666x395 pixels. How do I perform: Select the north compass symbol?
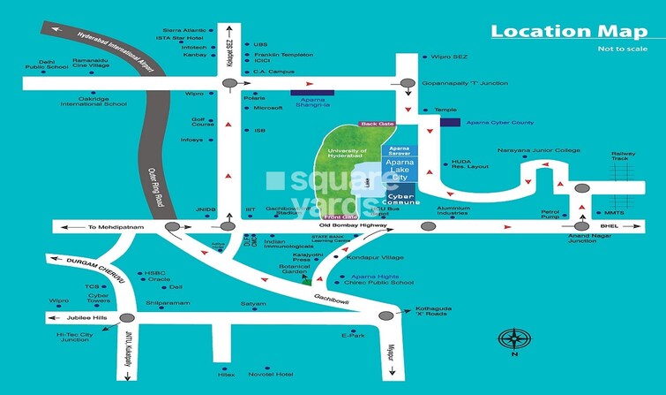513,341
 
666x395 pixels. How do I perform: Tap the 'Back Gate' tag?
375,125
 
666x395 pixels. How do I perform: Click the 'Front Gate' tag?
341,216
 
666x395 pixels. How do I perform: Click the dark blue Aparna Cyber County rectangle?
450,121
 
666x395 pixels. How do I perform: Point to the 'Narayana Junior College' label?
538,150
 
